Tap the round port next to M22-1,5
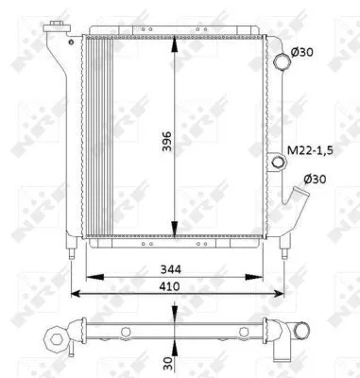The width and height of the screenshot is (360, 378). [278, 163]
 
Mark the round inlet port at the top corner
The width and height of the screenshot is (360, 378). [281, 61]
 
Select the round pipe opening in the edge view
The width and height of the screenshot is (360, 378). [300, 332]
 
